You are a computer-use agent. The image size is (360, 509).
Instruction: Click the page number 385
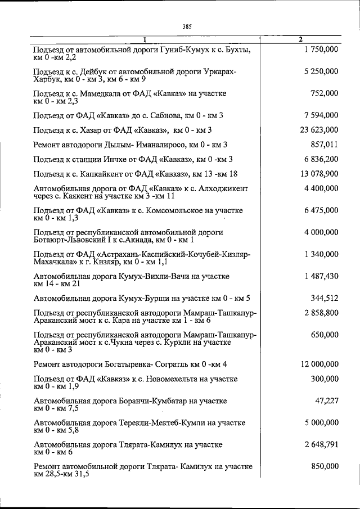(x=187, y=25)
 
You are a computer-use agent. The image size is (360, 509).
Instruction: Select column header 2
(x=300, y=39)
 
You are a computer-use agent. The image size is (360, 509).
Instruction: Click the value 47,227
(x=327, y=400)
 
